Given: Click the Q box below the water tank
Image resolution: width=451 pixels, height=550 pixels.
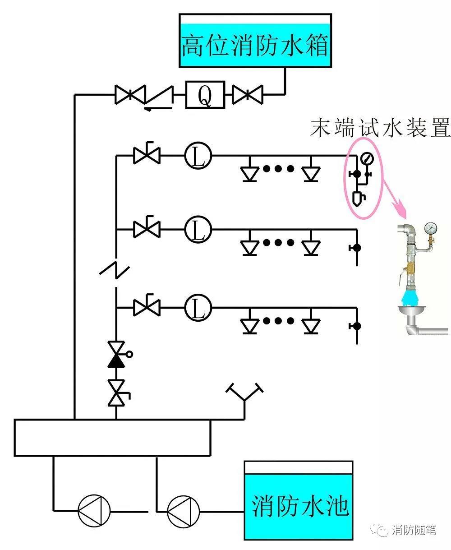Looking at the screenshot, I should [x=205, y=95].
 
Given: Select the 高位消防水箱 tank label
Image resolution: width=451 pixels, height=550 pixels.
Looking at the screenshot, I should [x=255, y=46].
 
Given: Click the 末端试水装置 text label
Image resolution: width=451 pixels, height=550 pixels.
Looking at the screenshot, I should [x=380, y=128].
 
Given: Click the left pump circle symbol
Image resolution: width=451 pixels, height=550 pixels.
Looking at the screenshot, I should [x=94, y=511].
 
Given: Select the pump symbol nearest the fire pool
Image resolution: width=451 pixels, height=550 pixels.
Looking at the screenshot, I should [x=183, y=511].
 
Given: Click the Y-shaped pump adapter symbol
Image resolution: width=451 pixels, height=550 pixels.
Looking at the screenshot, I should [x=244, y=394].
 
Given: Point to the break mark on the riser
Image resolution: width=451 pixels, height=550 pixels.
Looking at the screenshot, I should [x=115, y=269].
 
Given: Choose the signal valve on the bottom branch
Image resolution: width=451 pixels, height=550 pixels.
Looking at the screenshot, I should [x=147, y=307].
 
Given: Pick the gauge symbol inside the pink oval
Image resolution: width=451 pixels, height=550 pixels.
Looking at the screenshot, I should [x=367, y=158].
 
